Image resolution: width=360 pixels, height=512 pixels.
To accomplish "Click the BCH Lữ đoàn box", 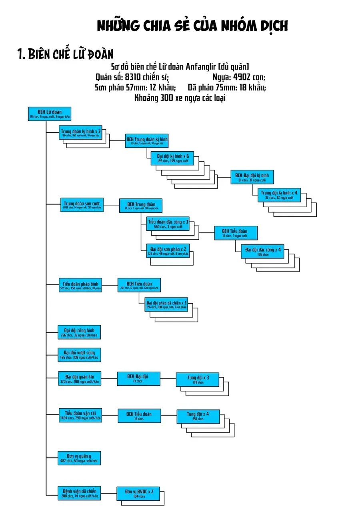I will tap(50, 114).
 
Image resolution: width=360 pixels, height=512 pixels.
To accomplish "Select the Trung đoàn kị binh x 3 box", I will tap(80, 133).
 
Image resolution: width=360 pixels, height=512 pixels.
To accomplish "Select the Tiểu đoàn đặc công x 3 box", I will tap(168, 224).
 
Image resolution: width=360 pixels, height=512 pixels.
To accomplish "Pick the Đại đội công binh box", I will tap(79, 332).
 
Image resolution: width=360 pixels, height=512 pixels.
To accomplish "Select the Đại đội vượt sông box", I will tap(79, 354).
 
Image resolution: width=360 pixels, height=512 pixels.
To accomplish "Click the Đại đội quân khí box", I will tap(79, 378).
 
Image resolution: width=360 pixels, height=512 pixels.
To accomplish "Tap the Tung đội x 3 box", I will tap(198, 380).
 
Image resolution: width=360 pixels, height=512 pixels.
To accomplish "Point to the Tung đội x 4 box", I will tap(198, 416).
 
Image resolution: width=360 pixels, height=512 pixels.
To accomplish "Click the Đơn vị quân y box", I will tap(79, 458).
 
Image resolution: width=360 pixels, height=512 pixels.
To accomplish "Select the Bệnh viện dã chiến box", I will tap(79, 493).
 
